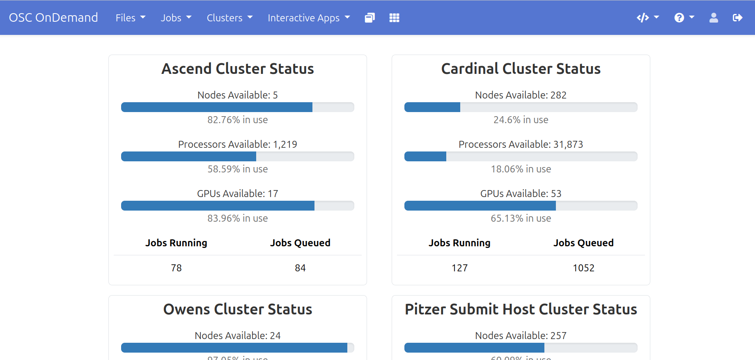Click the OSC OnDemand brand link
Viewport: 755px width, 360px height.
pyautogui.click(x=53, y=18)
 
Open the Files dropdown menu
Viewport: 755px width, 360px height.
pyautogui.click(x=130, y=18)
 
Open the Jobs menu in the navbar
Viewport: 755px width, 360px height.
pyautogui.click(x=176, y=18)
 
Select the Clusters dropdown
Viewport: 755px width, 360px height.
pyautogui.click(x=229, y=18)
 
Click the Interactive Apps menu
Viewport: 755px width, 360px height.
pyautogui.click(x=308, y=18)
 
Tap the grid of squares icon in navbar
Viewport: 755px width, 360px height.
pyautogui.click(x=394, y=18)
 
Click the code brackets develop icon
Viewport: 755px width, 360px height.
pyautogui.click(x=647, y=18)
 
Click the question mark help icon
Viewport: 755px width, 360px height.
pyautogui.click(x=684, y=18)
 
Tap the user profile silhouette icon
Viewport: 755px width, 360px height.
pyautogui.click(x=714, y=18)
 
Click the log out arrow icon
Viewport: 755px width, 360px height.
pyautogui.click(x=737, y=18)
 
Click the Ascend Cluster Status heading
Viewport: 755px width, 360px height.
pyautogui.click(x=237, y=69)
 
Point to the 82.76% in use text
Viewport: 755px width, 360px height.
pyautogui.click(x=237, y=120)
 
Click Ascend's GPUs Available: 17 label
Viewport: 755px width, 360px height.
pyautogui.click(x=237, y=194)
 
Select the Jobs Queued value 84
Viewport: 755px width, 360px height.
pyautogui.click(x=300, y=268)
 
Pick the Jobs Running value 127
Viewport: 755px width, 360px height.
pyautogui.click(x=459, y=268)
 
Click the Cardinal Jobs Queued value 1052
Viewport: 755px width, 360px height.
pyautogui.click(x=583, y=268)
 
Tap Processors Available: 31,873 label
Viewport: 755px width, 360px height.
pyautogui.click(x=521, y=144)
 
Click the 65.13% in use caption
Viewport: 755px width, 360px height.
pyautogui.click(x=521, y=218)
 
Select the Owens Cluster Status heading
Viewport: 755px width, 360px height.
pyautogui.click(x=237, y=309)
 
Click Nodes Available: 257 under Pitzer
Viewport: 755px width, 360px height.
pyautogui.click(x=521, y=336)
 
